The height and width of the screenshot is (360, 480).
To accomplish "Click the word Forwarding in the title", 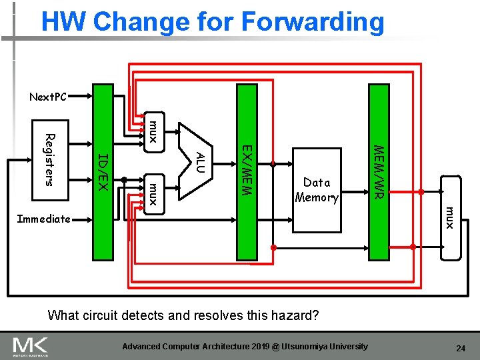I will pos(313,22).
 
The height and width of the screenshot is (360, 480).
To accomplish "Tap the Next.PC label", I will pos(48,97).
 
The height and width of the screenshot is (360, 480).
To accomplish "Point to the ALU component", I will pos(198,160).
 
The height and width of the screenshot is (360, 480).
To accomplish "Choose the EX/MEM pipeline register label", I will pos(246,170).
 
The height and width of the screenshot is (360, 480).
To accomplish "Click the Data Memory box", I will pos(317,189).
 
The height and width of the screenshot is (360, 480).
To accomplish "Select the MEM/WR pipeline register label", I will pos(379,171).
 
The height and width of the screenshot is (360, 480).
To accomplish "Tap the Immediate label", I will pos(43,218).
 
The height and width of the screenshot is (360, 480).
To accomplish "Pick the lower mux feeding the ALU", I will pos(153,194).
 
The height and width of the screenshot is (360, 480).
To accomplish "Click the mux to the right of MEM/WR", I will pos(450,218).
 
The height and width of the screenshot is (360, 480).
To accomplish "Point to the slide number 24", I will pos(460,348).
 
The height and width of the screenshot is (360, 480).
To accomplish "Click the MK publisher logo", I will pos(31,347).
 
